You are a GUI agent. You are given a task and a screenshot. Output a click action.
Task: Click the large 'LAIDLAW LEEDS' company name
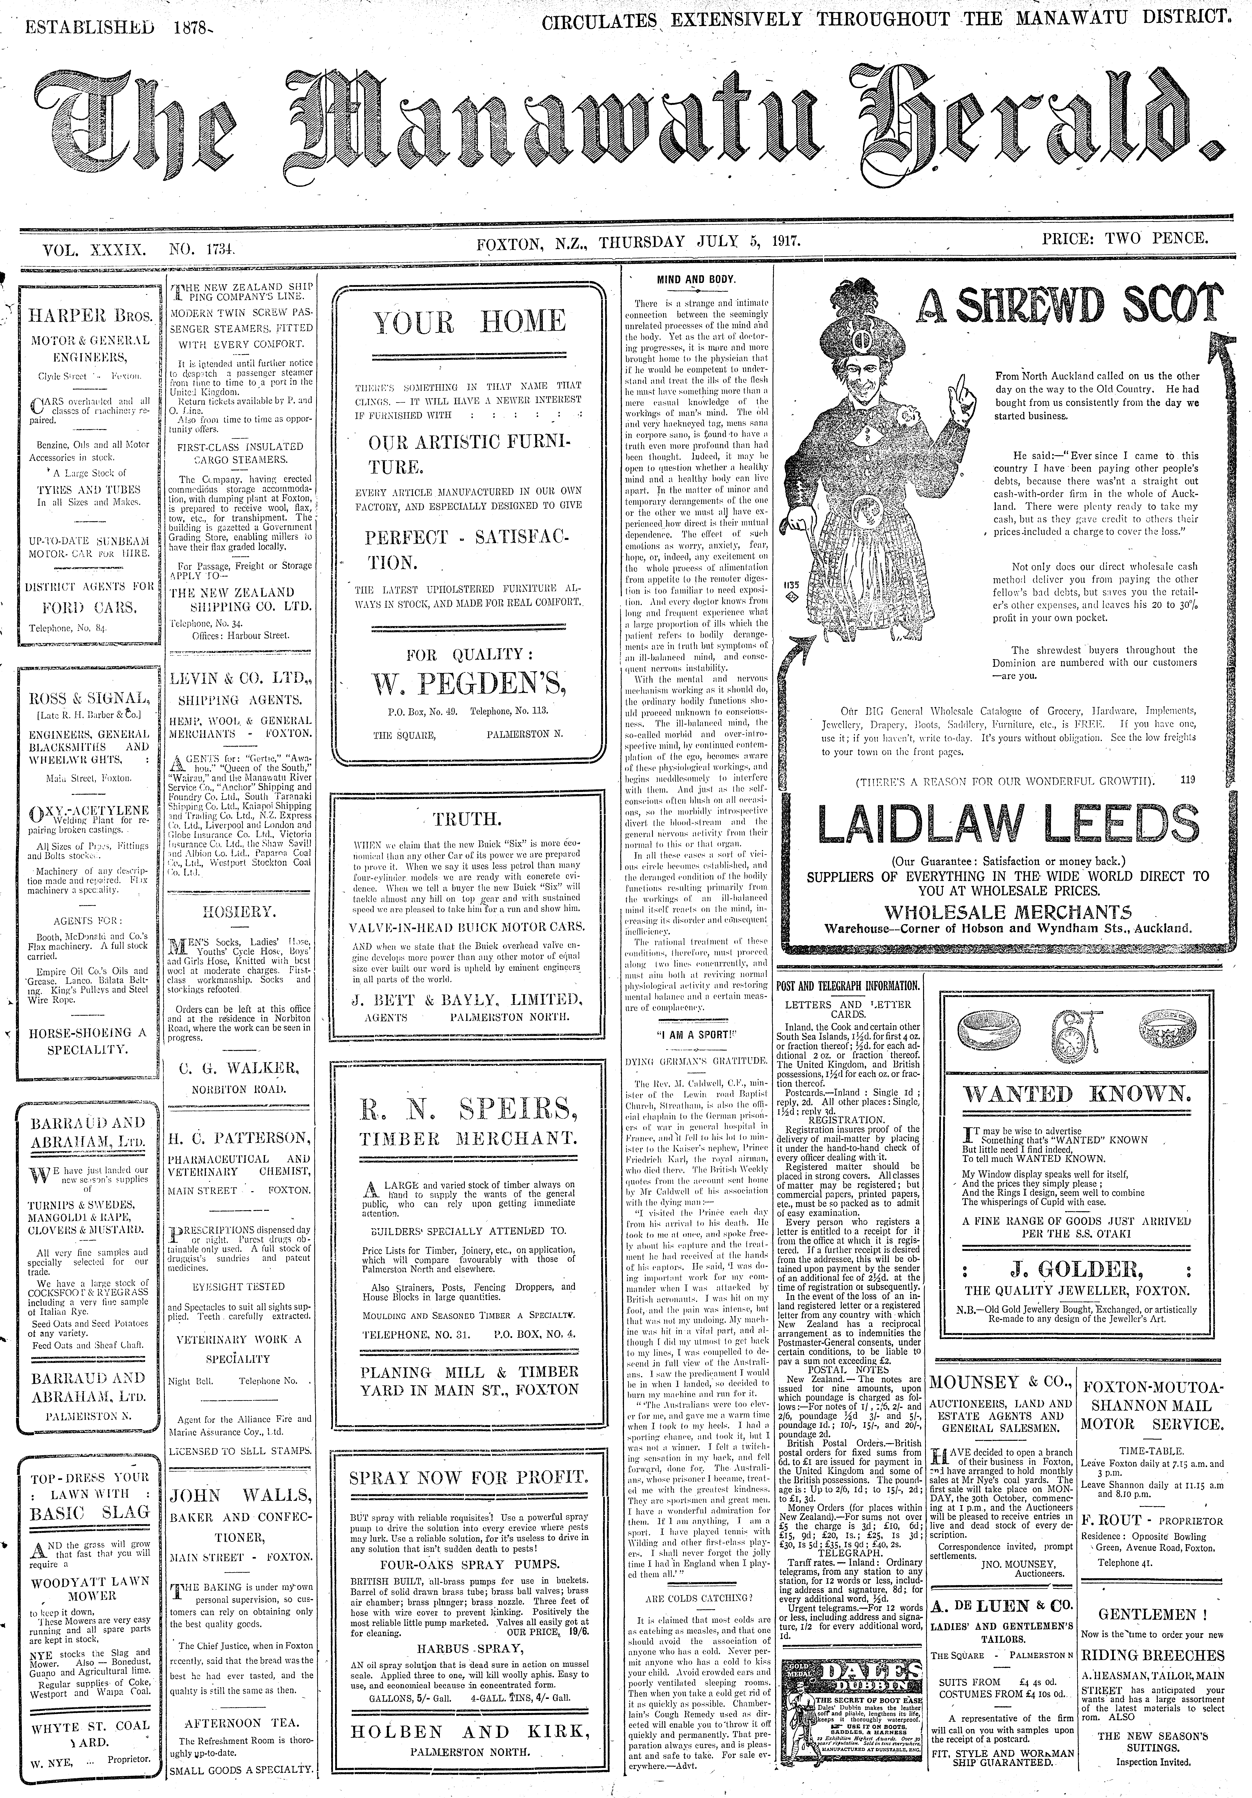(1008, 824)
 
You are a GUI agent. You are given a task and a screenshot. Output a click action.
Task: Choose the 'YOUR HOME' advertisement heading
(468, 322)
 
